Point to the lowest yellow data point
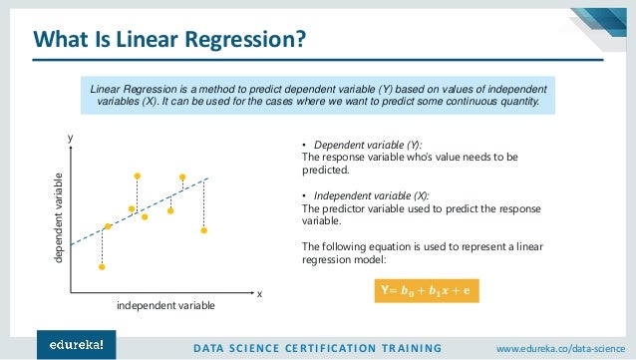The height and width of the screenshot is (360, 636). tap(102, 266)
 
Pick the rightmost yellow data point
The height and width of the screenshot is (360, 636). tap(203, 230)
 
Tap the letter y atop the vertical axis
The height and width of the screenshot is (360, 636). tap(71, 141)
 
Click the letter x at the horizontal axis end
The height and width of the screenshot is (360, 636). tap(259, 294)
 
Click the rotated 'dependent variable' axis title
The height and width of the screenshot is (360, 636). tap(57, 217)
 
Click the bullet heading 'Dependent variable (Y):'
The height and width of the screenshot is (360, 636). tap(356, 146)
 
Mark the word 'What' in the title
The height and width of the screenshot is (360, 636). tap(61, 41)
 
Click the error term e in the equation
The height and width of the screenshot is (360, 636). tap(467, 290)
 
